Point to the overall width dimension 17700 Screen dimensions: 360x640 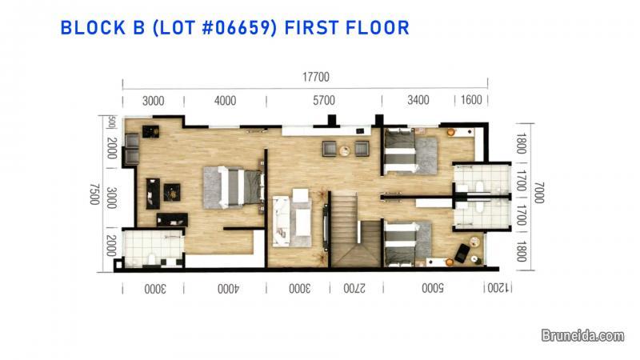pos(316,78)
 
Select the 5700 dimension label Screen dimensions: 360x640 pos(324,100)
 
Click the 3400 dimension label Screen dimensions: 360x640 pos(418,100)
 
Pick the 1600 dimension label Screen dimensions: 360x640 pos(471,100)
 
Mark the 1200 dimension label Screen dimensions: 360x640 pos(497,288)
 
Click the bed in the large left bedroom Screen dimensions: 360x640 pos(232,187)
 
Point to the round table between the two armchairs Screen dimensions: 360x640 pos(345,150)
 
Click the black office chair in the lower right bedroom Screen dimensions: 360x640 pos(462,254)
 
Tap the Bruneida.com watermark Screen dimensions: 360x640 pos(583,337)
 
